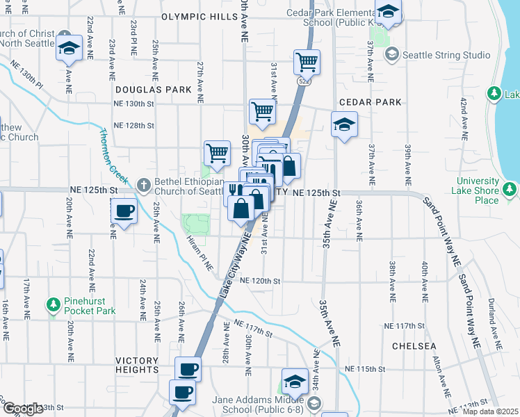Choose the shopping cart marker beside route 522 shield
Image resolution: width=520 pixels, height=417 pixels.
coord(306,62)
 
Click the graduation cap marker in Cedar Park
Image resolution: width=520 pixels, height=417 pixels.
coord(343,125)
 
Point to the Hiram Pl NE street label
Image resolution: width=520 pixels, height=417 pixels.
coord(199,251)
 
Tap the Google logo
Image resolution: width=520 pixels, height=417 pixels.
coord(22,408)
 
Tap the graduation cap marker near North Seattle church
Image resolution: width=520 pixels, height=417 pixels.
coord(70,47)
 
